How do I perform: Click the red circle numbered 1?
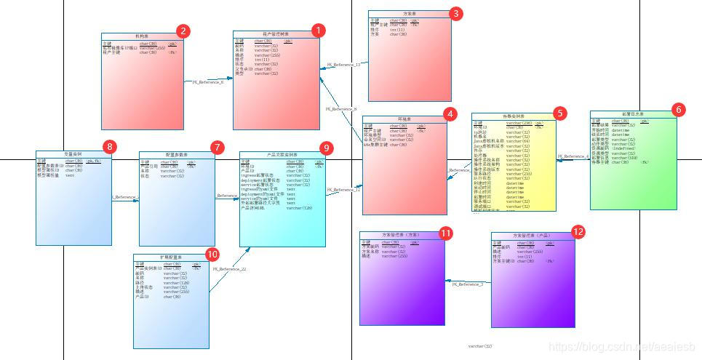[317, 31]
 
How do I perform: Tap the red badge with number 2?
[183, 31]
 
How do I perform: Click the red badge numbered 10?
[212, 254]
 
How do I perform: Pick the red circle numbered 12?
[578, 232]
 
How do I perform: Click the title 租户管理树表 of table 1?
[276, 33]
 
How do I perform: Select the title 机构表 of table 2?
[140, 36]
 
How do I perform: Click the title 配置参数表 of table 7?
[177, 155]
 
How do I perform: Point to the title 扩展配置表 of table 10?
[172, 257]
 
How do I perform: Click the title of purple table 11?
[402, 235]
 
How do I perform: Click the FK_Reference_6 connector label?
[208, 82]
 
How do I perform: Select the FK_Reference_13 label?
[343, 65]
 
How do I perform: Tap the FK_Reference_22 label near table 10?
[230, 269]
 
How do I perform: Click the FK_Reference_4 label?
[573, 156]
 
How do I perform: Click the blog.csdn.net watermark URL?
[622, 348]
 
